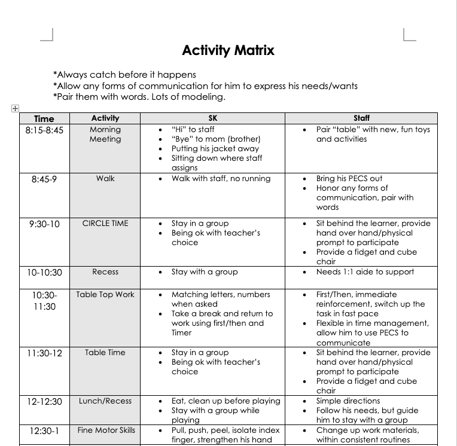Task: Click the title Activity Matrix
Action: click(228, 50)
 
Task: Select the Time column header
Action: click(44, 118)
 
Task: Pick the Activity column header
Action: click(105, 118)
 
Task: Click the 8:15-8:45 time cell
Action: click(44, 130)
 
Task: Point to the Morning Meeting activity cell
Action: click(105, 135)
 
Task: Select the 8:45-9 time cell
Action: click(44, 179)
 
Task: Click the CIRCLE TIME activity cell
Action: click(105, 224)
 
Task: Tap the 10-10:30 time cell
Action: click(44, 272)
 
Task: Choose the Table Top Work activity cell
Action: click(105, 295)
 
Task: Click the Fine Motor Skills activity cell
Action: click(106, 430)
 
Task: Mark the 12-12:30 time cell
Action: click(44, 402)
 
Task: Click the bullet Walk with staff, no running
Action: click(221, 179)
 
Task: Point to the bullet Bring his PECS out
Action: click(349, 179)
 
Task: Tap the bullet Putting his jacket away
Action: click(215, 149)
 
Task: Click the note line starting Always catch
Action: click(124, 75)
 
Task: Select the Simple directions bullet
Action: click(348, 401)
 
